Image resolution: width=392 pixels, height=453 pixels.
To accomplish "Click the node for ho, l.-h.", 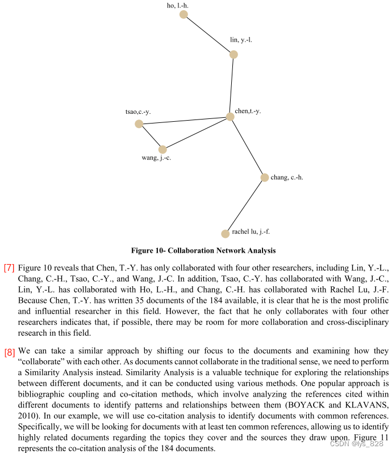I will pyautogui.click(x=184, y=14).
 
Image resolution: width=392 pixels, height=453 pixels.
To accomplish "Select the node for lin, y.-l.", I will pyautogui.click(x=233, y=55).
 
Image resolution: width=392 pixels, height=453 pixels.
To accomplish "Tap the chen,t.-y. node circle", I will pyautogui.click(x=230, y=117).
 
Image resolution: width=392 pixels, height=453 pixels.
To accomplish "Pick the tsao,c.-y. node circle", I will pyautogui.click(x=139, y=123).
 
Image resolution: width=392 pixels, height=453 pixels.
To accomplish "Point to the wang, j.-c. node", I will pyautogui.click(x=162, y=150).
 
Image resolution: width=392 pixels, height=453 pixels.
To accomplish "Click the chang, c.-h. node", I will pyautogui.click(x=264, y=178).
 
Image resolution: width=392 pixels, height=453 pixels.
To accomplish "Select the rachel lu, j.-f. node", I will pyautogui.click(x=225, y=233).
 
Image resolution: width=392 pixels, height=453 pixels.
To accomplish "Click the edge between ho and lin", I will pyautogui.click(x=208, y=34).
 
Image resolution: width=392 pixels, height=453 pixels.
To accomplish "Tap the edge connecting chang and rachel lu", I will pyautogui.click(x=244, y=205).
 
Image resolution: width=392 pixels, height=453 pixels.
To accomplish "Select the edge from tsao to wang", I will pyautogui.click(x=151, y=137).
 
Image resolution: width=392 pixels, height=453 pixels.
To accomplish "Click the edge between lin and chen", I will pyautogui.click(x=232, y=85).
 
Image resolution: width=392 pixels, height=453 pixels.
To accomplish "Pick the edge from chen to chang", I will pyautogui.click(x=247, y=147).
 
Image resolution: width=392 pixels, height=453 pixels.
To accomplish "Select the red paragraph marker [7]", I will pyautogui.click(x=9, y=268).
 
